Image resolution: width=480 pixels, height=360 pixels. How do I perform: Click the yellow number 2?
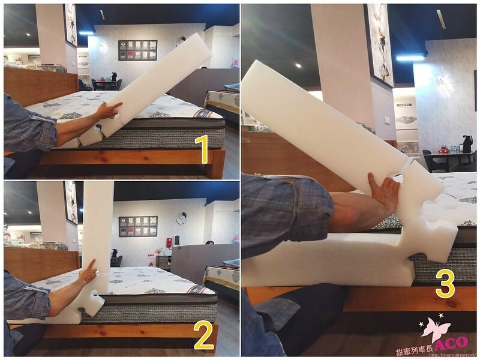pos(205,337)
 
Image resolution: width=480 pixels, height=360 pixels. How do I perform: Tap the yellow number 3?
pos(445,284)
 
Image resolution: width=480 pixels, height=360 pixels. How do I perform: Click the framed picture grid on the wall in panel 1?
pos(137,50)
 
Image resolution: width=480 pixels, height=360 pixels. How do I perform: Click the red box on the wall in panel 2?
pos(169,241)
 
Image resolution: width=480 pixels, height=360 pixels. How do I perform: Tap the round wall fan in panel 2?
pos(181,217)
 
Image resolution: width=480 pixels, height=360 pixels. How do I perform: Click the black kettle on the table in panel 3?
pos(467,143)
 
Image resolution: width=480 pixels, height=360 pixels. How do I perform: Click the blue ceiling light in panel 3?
pos(410,58)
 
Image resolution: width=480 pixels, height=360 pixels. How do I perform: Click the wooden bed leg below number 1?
pos(214,163)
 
